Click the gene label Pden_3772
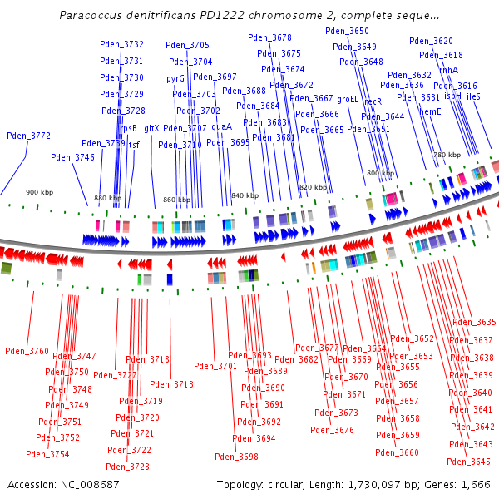tap(28, 136)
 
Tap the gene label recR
tap(373, 101)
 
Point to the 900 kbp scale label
tap(39, 192)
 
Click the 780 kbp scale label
tap(447, 155)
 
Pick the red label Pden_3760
tap(27, 352)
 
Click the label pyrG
tap(175, 79)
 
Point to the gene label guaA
tap(221, 127)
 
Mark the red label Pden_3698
tap(236, 457)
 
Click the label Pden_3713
tap(171, 385)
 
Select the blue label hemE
tap(430, 111)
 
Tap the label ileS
tap(473, 97)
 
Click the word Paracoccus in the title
tap(91, 16)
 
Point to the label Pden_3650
tap(347, 31)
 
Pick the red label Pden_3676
tap(332, 431)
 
